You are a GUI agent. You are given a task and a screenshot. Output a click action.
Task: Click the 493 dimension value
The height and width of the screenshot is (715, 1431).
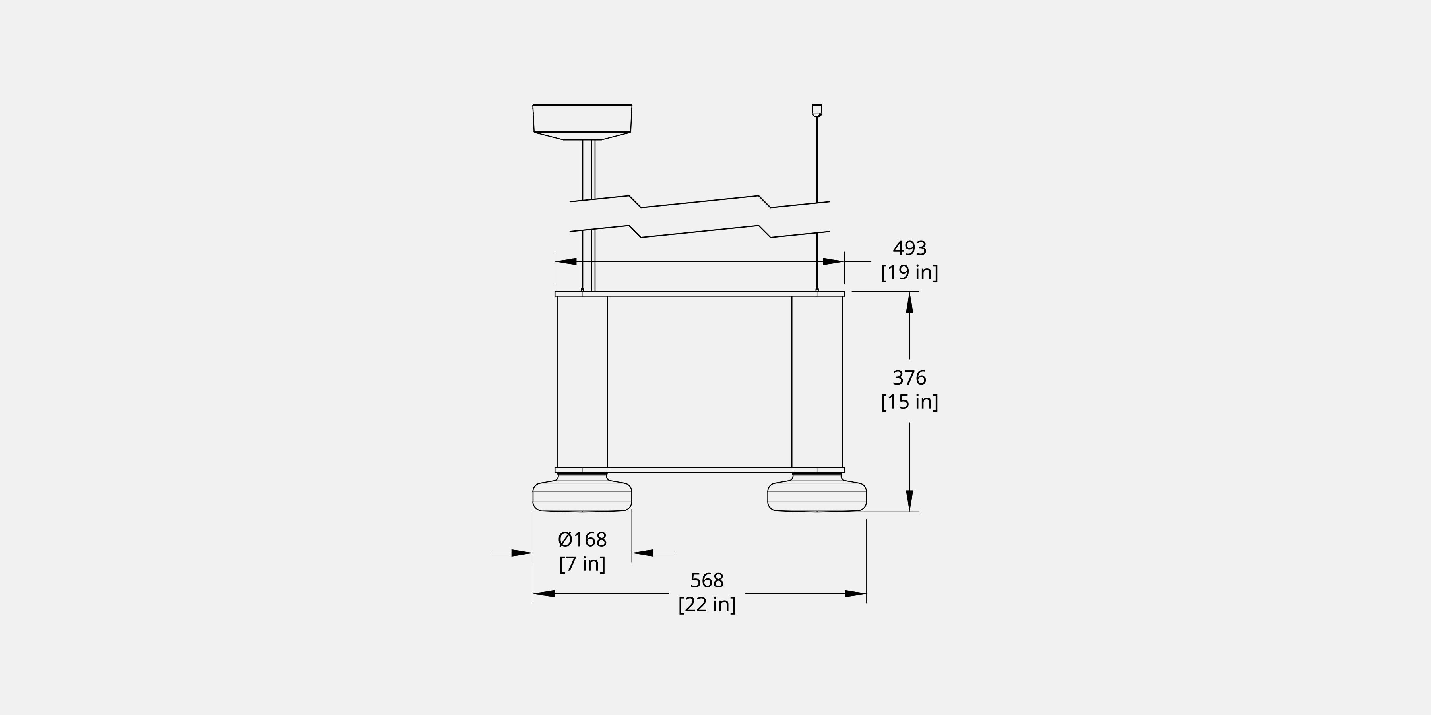[x=909, y=248]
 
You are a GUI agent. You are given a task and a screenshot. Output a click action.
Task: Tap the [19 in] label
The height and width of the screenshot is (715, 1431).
[x=909, y=272]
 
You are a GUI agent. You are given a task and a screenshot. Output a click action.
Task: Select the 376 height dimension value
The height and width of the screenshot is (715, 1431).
[x=909, y=377]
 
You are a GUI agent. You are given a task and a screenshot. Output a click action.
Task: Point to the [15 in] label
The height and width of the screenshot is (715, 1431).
[x=909, y=402]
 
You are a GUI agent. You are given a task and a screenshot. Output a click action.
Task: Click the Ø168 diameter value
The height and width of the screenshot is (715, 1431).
[x=582, y=539]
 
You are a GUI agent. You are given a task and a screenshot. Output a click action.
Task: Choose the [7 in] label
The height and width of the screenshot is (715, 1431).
[x=582, y=564]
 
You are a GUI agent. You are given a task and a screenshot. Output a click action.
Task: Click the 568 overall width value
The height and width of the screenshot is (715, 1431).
[x=707, y=580]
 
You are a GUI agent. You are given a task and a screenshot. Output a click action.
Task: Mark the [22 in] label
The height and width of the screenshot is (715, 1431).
[x=707, y=605]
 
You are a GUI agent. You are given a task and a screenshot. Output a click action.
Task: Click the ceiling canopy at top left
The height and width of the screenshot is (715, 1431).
[x=582, y=119]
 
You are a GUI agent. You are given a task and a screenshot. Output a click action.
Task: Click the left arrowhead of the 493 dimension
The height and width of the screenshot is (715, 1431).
[x=566, y=261]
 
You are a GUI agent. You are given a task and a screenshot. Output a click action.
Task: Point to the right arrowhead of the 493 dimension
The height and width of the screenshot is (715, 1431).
[x=833, y=261]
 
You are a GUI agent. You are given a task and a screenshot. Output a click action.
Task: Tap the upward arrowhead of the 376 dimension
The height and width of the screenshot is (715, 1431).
[x=909, y=303]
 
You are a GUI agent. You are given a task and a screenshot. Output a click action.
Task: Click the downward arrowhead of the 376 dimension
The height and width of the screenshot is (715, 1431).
[x=909, y=501]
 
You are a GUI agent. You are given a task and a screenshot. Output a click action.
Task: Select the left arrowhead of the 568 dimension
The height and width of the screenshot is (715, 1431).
[x=544, y=594]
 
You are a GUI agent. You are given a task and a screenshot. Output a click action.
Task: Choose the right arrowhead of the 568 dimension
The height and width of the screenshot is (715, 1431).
[x=855, y=594]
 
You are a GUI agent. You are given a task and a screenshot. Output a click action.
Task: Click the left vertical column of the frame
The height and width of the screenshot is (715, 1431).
[x=582, y=382]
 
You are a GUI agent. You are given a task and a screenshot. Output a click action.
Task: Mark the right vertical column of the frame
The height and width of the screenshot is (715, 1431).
[x=816, y=382]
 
